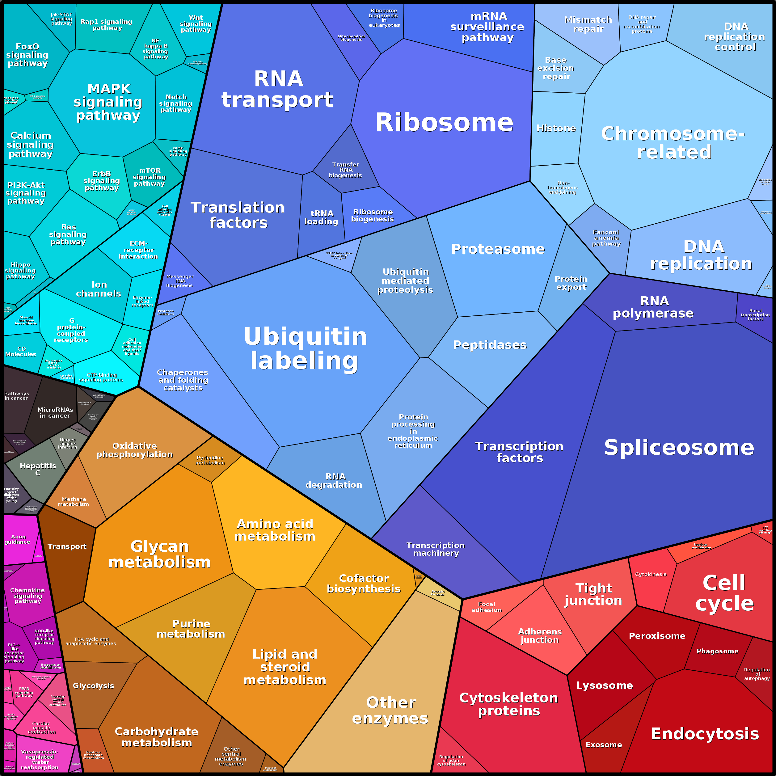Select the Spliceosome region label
click(679, 447)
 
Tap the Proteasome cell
click(498, 249)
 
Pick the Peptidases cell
click(490, 345)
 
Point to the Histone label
click(556, 128)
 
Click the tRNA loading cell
click(321, 217)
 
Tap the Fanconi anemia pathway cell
click(606, 238)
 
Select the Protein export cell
click(571, 283)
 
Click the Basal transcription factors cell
click(755, 314)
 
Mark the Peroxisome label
click(657, 636)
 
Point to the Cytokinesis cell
click(650, 574)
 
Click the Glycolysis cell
click(94, 685)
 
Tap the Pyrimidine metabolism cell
click(210, 460)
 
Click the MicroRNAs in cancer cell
click(55, 412)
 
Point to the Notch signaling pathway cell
click(176, 103)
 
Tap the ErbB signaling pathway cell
click(101, 181)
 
